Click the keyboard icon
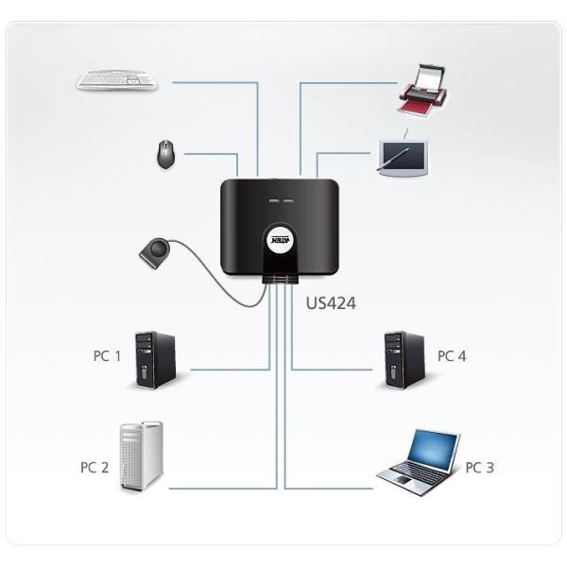(x=117, y=80)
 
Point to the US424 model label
(x=332, y=303)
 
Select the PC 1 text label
(x=107, y=355)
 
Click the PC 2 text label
(x=94, y=467)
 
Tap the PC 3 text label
(x=479, y=467)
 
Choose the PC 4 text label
(x=452, y=355)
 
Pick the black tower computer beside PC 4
(x=402, y=359)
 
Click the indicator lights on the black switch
(x=281, y=201)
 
